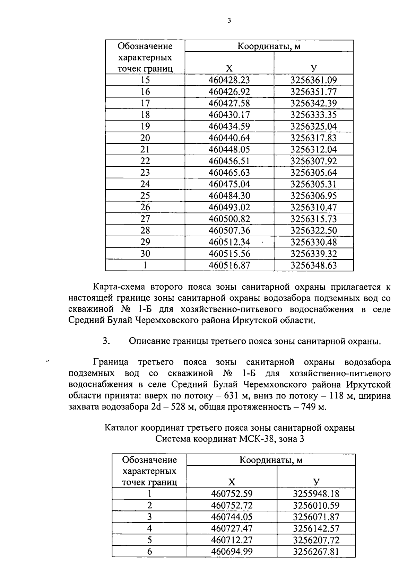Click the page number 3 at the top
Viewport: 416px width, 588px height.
pyautogui.click(x=229, y=20)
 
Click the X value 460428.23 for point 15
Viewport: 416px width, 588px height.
pyautogui.click(x=229, y=80)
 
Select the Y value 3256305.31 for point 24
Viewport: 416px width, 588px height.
pyautogui.click(x=313, y=184)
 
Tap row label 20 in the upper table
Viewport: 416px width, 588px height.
pyautogui.click(x=145, y=138)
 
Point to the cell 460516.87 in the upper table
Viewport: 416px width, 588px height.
pyautogui.click(x=229, y=265)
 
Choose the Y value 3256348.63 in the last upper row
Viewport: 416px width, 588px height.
pyautogui.click(x=313, y=265)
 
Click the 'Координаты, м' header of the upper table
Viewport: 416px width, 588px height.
pyautogui.click(x=269, y=46)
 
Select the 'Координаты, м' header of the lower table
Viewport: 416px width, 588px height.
pyautogui.click(x=271, y=460)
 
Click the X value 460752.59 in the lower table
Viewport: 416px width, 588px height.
pyautogui.click(x=232, y=494)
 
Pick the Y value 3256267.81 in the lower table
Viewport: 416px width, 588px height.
pyautogui.click(x=316, y=552)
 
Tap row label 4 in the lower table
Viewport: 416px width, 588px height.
pyautogui.click(x=149, y=528)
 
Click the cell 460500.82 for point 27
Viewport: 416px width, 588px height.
pyautogui.click(x=229, y=219)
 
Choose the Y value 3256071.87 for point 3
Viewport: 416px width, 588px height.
pyautogui.click(x=316, y=517)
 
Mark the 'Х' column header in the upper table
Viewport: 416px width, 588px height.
pyautogui.click(x=229, y=68)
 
